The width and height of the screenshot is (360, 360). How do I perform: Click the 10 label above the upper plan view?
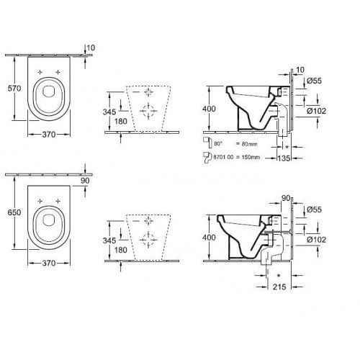[89, 48]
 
